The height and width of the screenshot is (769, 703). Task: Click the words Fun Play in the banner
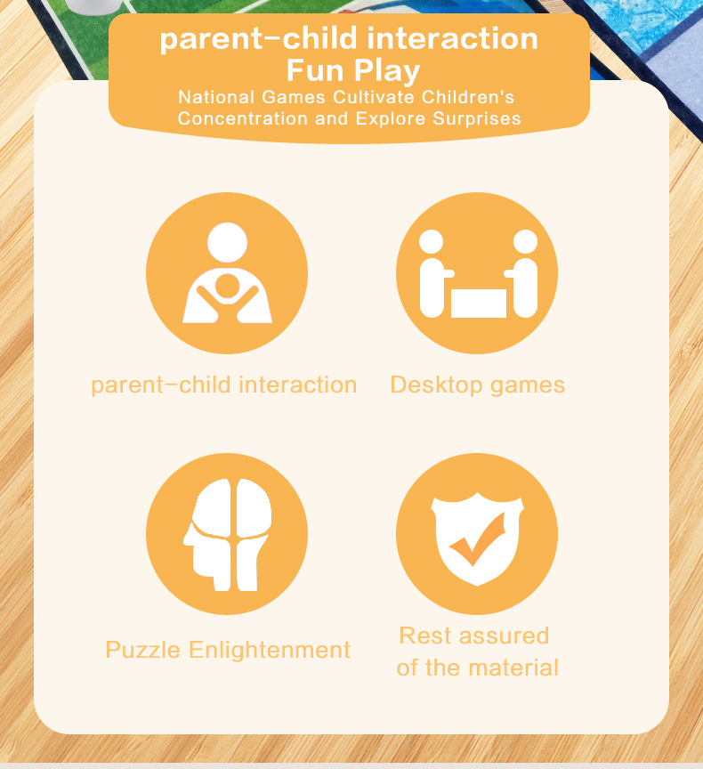(353, 70)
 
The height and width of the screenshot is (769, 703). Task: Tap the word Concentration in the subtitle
(243, 118)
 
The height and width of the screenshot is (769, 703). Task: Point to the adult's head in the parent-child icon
(227, 242)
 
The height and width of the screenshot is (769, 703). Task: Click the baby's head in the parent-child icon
(227, 286)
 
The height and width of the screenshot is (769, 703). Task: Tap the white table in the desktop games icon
(479, 304)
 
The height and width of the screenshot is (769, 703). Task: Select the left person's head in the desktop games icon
(431, 242)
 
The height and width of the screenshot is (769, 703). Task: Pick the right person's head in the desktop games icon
(525, 242)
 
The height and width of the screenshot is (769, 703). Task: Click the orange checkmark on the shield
(477, 540)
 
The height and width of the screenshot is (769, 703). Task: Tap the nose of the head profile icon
(187, 539)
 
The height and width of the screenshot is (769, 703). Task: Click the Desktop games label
(478, 385)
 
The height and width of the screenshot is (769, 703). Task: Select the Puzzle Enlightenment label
(228, 651)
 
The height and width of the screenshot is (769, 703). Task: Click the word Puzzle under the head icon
(142, 651)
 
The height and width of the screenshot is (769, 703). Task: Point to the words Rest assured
(474, 635)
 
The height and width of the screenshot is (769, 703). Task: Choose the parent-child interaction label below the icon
(224, 385)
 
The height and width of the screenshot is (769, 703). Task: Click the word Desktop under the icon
(436, 385)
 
